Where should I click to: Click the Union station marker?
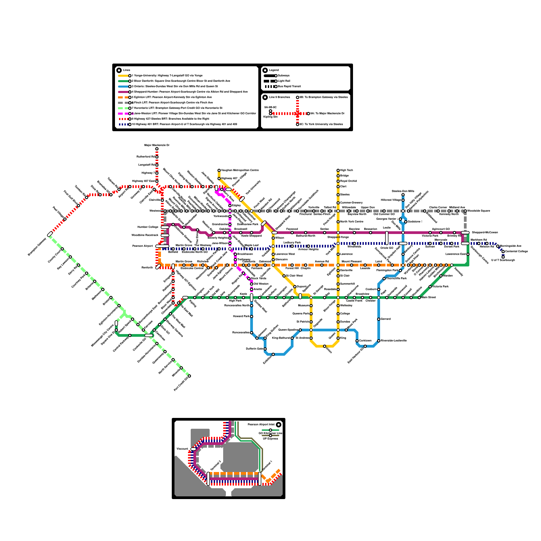325,346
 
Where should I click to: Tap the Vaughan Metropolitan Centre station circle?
219,170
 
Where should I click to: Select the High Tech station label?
347,170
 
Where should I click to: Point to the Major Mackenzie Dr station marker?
157,149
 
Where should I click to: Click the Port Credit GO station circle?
189,376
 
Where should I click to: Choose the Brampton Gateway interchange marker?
50,234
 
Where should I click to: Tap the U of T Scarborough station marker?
503,257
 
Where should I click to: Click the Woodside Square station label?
478,211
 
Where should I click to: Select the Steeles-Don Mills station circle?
403,195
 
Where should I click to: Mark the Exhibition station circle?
273,354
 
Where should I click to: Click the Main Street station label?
429,298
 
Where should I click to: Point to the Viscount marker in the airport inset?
193,449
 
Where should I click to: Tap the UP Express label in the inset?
270,439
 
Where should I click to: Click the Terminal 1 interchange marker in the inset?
260,478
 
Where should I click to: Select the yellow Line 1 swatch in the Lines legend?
123,76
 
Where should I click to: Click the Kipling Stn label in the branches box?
270,117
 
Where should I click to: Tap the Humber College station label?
148,227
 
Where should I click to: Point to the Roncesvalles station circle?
252,333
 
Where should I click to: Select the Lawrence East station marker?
468,254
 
